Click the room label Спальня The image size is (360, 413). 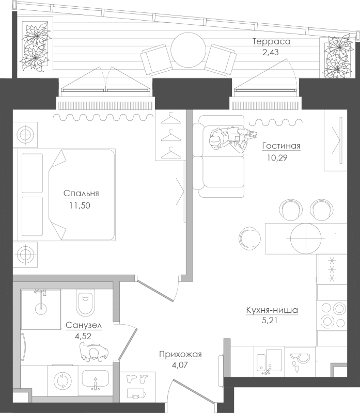tap(81, 193)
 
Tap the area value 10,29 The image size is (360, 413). tap(277, 158)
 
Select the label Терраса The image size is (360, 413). tap(272, 42)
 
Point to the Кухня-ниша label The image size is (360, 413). tap(272, 310)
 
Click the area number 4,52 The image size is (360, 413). tap(83, 336)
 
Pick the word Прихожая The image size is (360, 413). tap(180, 355)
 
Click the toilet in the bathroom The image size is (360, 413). tap(85, 303)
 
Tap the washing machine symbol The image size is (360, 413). tap(62, 380)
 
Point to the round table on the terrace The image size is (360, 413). tap(188, 50)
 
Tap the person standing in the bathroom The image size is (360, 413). tap(94, 352)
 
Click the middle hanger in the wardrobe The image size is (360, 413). tap(171, 136)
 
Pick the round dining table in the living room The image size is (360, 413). tap(306, 238)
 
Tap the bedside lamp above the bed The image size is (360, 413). tap(25, 135)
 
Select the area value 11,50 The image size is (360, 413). tap(80, 205)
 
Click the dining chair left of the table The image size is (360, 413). tap(249, 238)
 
